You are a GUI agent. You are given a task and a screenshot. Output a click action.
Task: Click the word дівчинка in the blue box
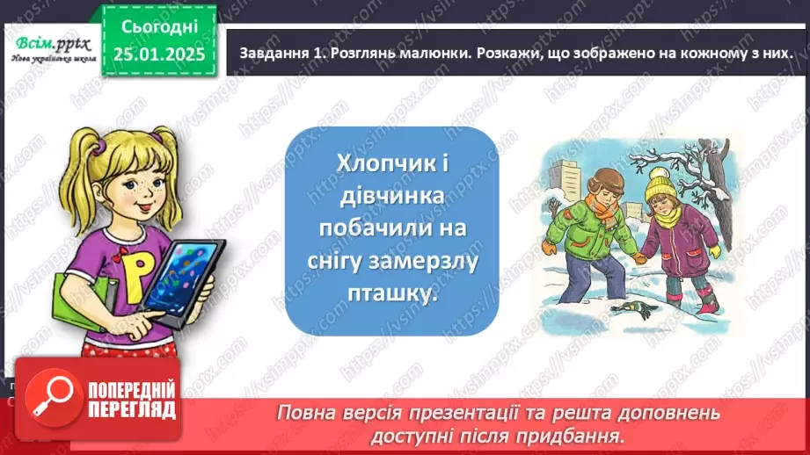tap(392, 197)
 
